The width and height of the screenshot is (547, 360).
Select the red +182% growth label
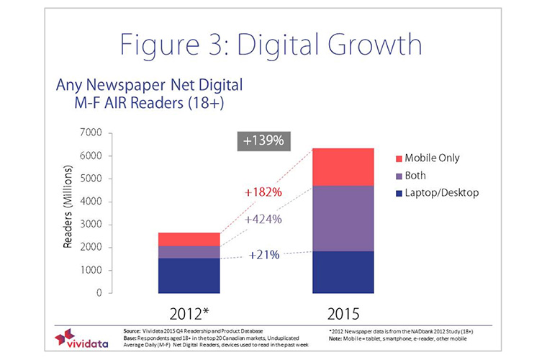[262, 193]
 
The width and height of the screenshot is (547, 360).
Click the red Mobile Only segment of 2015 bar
[343, 167]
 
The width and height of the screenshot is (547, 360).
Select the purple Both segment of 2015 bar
[343, 218]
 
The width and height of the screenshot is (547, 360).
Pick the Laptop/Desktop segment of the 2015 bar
[343, 272]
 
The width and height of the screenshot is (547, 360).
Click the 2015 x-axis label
[343, 313]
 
